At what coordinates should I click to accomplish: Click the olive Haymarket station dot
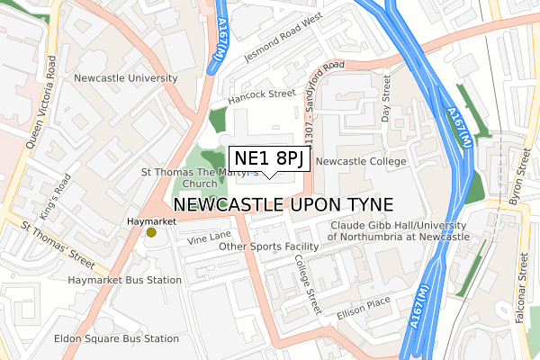point(151,233)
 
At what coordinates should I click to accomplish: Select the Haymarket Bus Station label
point(125,281)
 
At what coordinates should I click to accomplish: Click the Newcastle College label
point(362,161)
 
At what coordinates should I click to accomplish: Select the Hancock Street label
point(262,93)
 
